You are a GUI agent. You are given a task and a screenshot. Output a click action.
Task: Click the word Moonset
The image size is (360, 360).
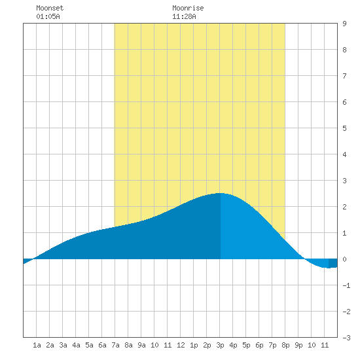tap(50, 8)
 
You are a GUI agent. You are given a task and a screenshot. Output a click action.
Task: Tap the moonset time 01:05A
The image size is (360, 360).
tap(48, 16)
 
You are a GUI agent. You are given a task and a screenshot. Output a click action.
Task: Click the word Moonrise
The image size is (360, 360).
tap(188, 8)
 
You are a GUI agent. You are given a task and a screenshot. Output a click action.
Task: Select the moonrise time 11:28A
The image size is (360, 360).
tap(184, 16)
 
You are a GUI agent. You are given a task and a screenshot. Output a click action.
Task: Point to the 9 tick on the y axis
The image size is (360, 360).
tap(344, 24)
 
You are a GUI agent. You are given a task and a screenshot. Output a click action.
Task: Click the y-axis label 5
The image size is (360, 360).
tap(344, 128)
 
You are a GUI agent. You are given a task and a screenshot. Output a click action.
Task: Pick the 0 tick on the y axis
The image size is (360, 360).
tap(344, 259)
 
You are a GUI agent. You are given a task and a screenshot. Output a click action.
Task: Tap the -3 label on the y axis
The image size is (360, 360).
tap(346, 338)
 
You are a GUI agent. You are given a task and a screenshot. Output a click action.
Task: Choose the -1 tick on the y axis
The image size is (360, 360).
tap(346, 285)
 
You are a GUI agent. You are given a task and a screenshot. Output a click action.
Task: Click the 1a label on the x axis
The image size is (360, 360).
tap(37, 345)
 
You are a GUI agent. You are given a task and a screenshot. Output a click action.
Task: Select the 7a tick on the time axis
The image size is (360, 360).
tap(115, 345)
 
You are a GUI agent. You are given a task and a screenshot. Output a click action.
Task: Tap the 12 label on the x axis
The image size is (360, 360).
tap(181, 345)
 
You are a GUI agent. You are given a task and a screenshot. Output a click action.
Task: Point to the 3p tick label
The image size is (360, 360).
tap(220, 345)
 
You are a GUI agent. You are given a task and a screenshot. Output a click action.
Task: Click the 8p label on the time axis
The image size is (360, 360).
tap(285, 345)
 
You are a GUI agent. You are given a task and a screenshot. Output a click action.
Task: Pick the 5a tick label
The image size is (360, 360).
tap(89, 345)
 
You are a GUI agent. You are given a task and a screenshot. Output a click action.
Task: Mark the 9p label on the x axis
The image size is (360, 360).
tap(298, 345)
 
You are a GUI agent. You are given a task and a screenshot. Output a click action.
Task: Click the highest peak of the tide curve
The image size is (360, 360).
tap(220, 193)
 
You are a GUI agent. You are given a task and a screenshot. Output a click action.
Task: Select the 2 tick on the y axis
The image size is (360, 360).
tap(344, 207)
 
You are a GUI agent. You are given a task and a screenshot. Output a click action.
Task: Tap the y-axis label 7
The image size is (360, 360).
tap(344, 76)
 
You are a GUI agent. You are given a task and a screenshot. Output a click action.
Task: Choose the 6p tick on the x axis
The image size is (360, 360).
tap(259, 345)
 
